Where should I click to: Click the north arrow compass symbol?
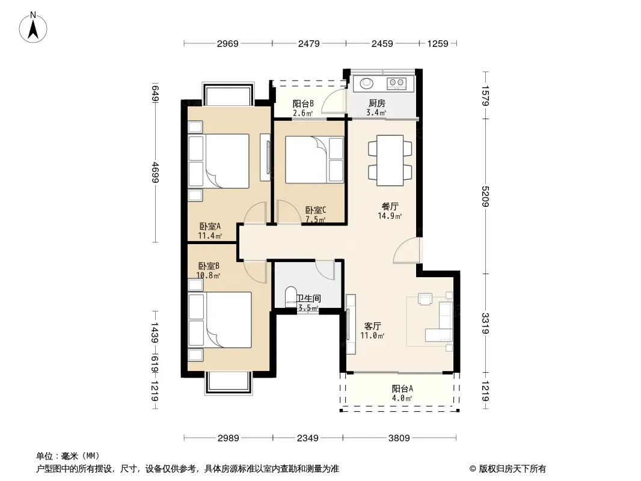[33, 28]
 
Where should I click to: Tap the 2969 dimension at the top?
[228, 43]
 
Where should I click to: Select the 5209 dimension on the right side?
[485, 197]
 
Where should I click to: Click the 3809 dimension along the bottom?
[399, 438]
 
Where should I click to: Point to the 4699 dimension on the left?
[155, 173]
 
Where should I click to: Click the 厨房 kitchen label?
[376, 103]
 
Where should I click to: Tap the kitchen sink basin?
[366, 84]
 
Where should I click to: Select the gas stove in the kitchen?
[396, 84]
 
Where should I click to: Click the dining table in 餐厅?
[390, 161]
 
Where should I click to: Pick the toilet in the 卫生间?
[290, 297]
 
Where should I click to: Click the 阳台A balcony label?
[402, 388]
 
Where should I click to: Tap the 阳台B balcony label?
[303, 104]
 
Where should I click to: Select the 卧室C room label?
[316, 210]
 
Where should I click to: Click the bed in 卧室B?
[228, 320]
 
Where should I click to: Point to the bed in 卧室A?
[227, 161]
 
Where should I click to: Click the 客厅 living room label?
[372, 326]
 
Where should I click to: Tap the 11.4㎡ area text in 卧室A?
[210, 236]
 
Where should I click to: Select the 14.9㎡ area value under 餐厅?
[390, 216]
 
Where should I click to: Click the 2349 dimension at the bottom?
[307, 438]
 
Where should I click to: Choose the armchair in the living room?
[425, 299]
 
